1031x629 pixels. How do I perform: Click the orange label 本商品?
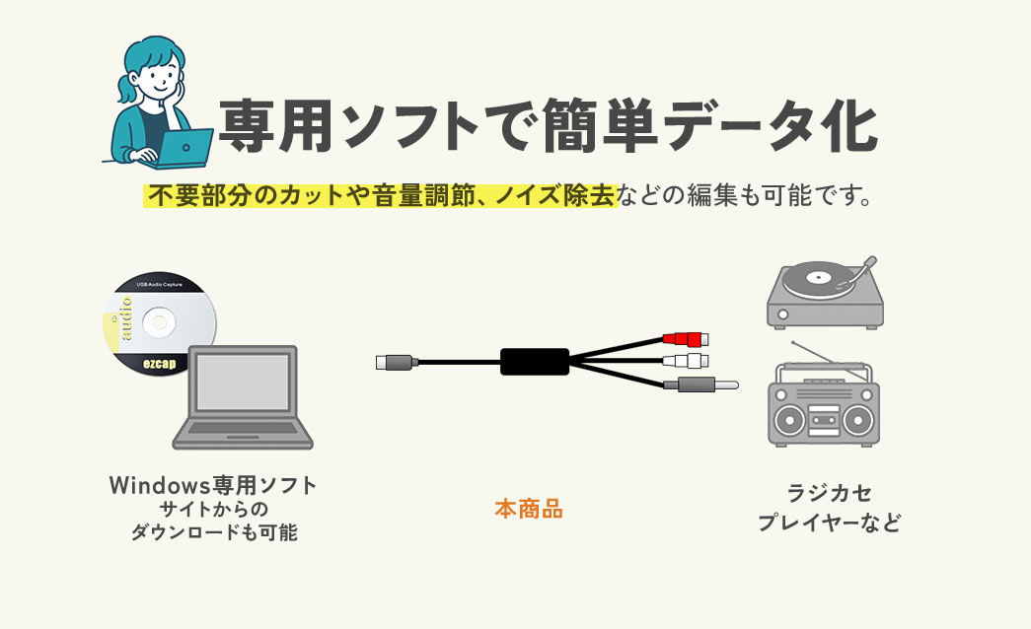tap(528, 510)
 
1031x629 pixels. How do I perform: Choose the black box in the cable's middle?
tap(535, 362)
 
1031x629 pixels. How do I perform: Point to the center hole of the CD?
tap(159, 323)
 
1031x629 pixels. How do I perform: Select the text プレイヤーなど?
tap(829, 523)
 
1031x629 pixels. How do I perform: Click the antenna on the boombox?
tap(812, 353)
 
